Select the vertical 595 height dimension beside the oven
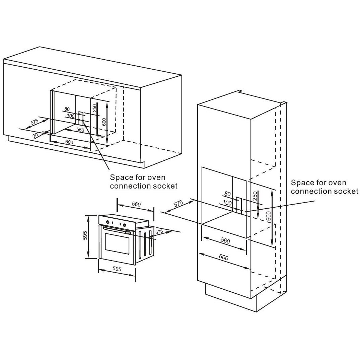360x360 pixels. (x=85, y=236)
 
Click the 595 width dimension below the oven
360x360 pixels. (x=117, y=269)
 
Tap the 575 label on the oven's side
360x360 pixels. (x=159, y=231)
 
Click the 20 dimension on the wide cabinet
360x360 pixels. (x=35, y=135)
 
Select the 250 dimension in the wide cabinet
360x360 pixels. (x=95, y=108)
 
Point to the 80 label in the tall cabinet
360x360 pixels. (x=228, y=194)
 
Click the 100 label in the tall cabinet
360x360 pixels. (x=227, y=203)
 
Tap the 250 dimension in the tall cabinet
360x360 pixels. (x=255, y=196)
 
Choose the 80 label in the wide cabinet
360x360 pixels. (x=67, y=109)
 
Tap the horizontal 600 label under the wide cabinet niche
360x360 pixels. (x=69, y=142)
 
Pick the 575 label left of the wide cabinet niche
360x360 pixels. (x=34, y=122)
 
